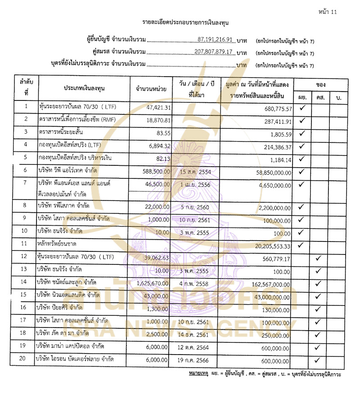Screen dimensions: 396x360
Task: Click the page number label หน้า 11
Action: (x=327, y=12)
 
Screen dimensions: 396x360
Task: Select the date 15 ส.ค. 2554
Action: (x=195, y=172)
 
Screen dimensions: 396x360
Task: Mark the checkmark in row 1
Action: (x=302, y=108)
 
